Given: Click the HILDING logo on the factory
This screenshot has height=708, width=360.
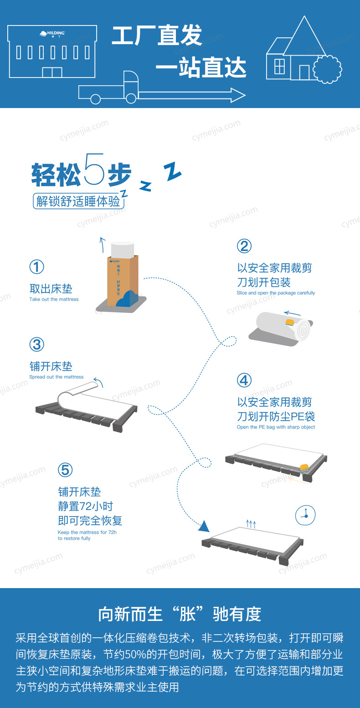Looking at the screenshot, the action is (52, 33).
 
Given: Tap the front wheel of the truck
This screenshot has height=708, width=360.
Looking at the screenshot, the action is (131, 98).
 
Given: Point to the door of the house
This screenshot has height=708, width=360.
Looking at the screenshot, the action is (304, 72).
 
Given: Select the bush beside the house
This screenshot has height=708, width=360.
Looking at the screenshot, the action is (328, 69).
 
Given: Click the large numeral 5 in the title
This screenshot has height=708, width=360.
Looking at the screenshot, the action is (94, 169).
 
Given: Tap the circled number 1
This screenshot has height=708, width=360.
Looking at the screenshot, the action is (36, 267).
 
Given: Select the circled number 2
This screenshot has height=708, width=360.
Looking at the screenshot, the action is (244, 246).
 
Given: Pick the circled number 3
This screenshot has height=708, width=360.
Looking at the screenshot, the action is (36, 345).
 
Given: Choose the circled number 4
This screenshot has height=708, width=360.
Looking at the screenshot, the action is (244, 380).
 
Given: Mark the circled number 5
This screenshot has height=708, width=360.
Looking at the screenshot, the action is (65, 470).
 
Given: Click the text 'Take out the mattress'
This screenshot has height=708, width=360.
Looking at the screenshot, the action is (54, 300).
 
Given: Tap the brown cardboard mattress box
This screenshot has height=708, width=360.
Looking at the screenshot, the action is (123, 281).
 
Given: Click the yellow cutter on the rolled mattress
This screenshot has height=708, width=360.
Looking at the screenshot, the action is (290, 322).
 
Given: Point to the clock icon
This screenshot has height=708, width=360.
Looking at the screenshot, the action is (305, 515).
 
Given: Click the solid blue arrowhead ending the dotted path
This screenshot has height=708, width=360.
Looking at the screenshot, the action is (204, 526).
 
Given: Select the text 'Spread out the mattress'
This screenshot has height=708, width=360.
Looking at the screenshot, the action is (56, 377).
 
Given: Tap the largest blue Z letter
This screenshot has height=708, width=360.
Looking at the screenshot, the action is (172, 171).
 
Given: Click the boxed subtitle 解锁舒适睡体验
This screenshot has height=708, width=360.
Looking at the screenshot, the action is (79, 201).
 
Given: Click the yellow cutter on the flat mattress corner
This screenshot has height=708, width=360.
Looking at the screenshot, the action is (304, 467).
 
